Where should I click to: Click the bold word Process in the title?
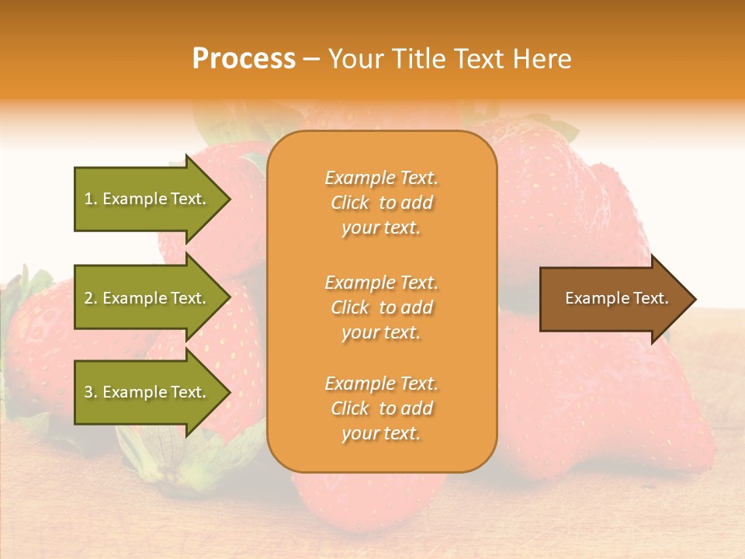point(244,59)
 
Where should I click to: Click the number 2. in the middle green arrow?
point(91,298)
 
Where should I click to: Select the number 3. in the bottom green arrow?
point(91,392)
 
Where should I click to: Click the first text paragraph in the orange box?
point(381,203)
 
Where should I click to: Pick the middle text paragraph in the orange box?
point(381,307)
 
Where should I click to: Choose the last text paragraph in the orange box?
point(381,408)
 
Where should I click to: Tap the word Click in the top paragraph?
point(350,203)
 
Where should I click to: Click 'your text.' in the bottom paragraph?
point(381,433)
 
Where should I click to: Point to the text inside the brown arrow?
point(616,298)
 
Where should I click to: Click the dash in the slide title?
point(311,60)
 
